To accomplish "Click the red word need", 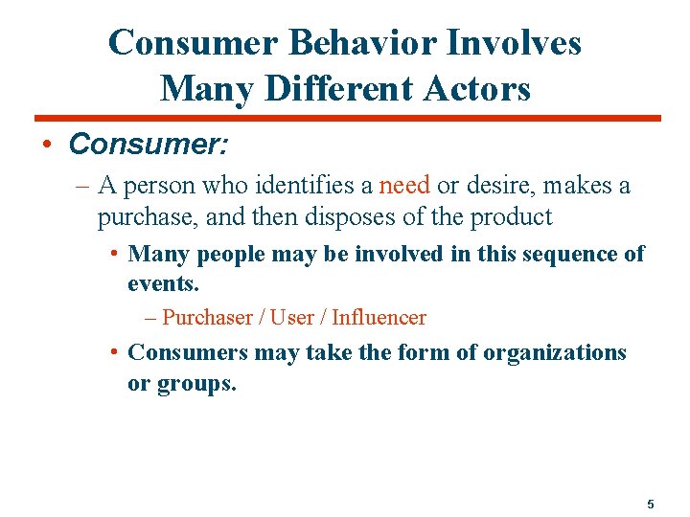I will pos(405,185).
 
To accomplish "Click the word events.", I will pos(163,284).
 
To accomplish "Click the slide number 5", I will pos(651,504).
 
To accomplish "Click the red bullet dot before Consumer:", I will pos(46,145).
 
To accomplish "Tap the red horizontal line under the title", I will pos(345,119).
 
